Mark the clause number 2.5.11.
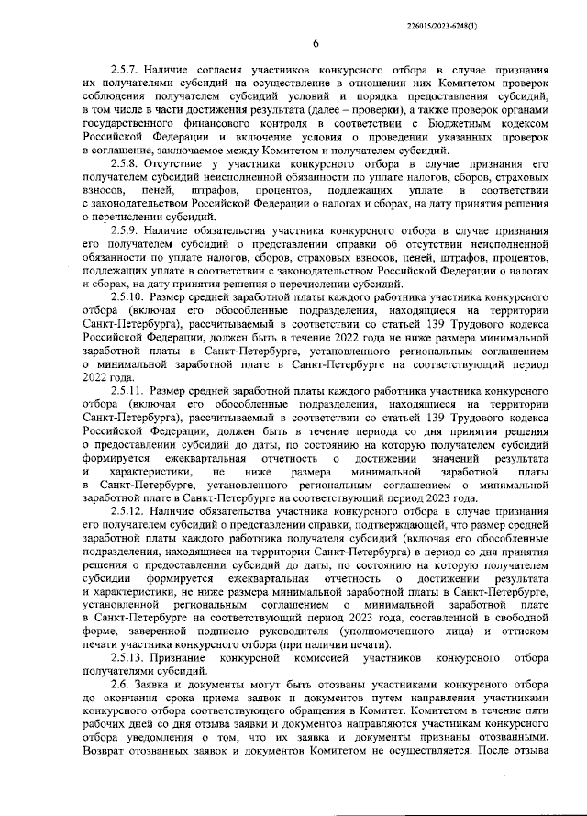coord(128,391)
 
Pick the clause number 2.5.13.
coord(128,660)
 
